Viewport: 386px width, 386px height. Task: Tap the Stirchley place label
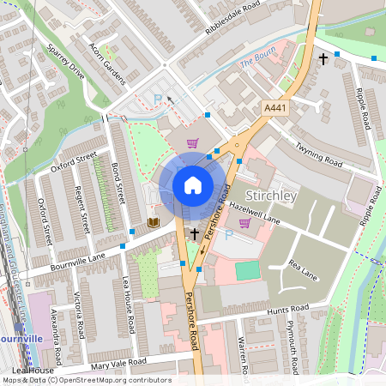(x=272, y=196)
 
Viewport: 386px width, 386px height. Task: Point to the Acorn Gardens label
(x=108, y=63)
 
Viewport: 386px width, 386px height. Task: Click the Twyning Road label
(x=317, y=157)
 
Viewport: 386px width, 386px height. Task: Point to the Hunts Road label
(x=286, y=310)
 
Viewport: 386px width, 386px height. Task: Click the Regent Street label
(x=82, y=209)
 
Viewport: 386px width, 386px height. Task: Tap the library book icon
(x=154, y=223)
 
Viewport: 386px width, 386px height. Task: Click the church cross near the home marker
(x=195, y=233)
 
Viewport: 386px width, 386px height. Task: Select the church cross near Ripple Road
(x=323, y=59)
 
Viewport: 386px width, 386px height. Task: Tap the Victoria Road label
(x=80, y=314)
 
